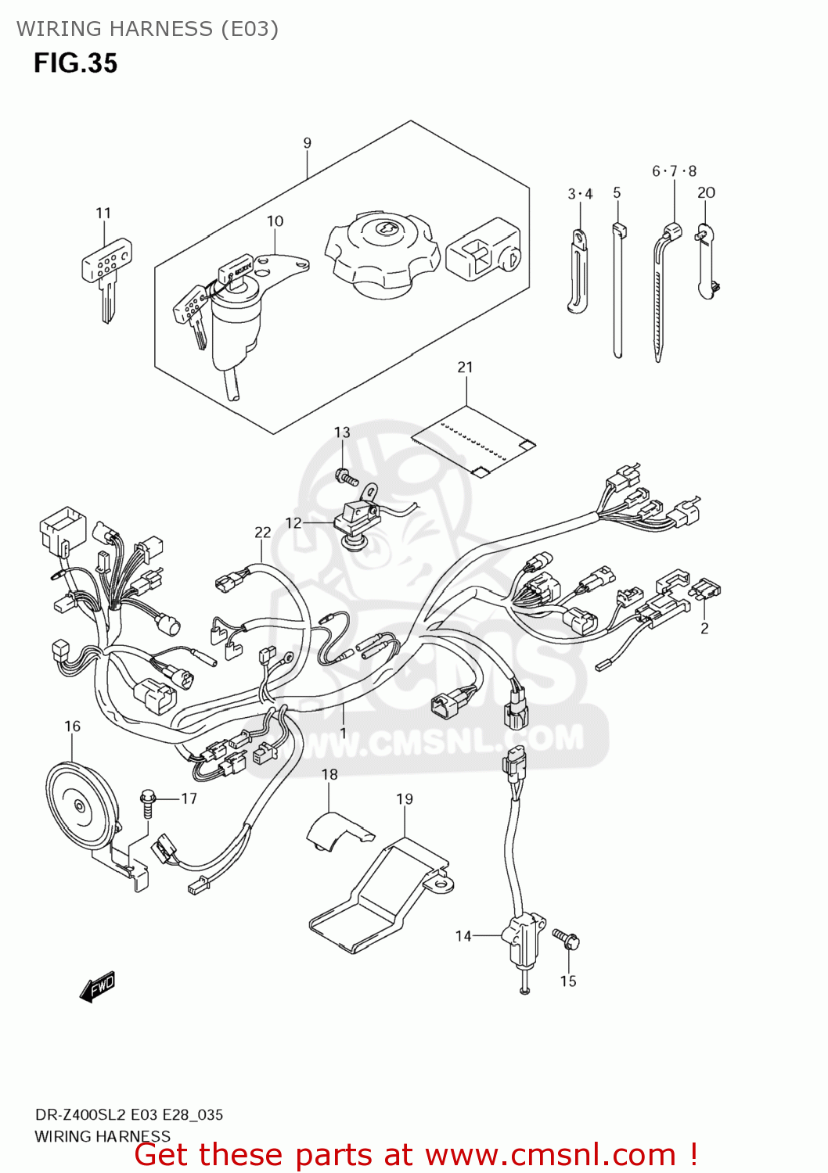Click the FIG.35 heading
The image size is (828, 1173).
[x=75, y=63]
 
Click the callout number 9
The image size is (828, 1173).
[x=307, y=143]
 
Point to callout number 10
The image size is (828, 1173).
[x=275, y=221]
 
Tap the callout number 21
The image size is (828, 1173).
[x=465, y=367]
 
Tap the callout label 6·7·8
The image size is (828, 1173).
[x=674, y=171]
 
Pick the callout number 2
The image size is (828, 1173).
[x=704, y=628]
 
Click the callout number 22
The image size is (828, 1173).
[x=262, y=533]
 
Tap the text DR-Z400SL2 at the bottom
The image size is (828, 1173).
[x=80, y=1115]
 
